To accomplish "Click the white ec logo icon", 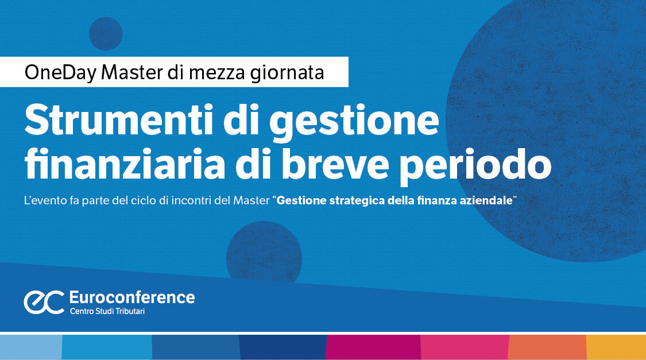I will tap(44, 301).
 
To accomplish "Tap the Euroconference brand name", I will tap(131, 297).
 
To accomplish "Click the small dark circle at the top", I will tap(106, 34).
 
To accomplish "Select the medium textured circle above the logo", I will tap(264, 253).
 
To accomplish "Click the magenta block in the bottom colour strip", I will tap(373, 347).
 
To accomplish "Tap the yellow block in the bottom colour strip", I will tap(616, 347).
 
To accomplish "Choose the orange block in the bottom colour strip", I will tap(547, 347).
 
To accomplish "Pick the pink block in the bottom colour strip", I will tap(465, 347).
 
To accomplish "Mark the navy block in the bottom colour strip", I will tap(283, 347).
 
